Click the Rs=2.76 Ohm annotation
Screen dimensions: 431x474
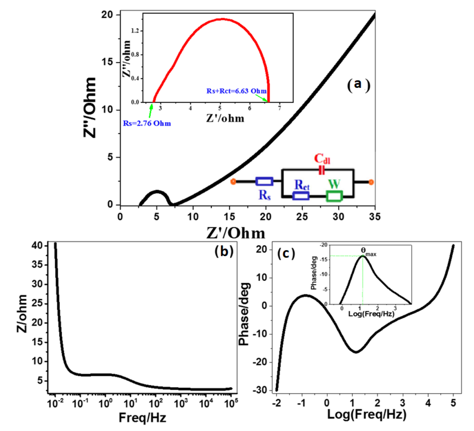tap(147, 124)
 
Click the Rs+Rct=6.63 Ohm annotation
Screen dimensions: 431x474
tap(236, 91)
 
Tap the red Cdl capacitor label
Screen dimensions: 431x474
tap(322, 159)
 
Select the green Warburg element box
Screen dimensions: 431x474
tap(334, 196)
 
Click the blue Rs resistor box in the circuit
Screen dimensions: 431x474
tap(264, 181)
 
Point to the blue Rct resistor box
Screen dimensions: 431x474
tap(301, 196)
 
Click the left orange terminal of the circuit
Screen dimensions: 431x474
tap(233, 182)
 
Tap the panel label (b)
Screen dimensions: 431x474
tap(224, 251)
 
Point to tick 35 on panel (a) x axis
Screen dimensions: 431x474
tap(375, 217)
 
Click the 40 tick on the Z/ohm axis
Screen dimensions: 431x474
tap(37, 246)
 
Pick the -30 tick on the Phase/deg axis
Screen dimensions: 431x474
tap(260, 390)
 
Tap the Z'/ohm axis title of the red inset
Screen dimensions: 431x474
tap(225, 118)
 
